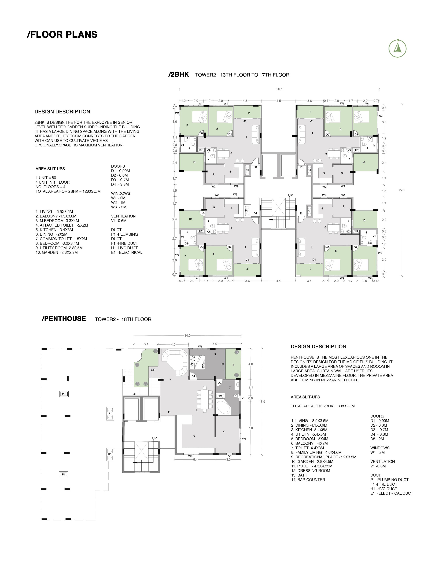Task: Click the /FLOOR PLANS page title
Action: click(x=62, y=35)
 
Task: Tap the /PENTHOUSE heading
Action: click(x=64, y=319)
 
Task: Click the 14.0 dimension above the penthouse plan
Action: click(x=187, y=336)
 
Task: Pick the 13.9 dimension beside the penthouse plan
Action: click(x=262, y=401)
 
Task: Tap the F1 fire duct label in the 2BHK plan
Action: click(x=247, y=170)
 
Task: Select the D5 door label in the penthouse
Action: click(x=168, y=412)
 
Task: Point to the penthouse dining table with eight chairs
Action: click(x=205, y=399)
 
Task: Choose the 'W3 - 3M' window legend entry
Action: click(x=119, y=207)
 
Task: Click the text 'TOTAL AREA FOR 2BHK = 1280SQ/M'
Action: click(x=68, y=191)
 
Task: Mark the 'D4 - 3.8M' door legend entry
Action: click(x=379, y=434)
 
